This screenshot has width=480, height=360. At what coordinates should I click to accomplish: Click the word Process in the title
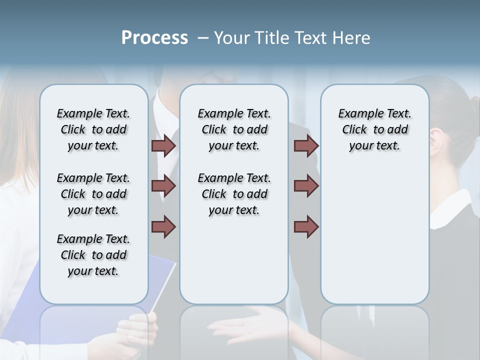(x=154, y=38)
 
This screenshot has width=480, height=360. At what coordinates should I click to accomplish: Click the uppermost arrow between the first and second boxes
(x=163, y=145)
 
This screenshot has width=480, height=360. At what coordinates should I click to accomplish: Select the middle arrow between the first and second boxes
(x=163, y=186)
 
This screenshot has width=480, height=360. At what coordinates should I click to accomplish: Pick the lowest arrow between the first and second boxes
(x=163, y=227)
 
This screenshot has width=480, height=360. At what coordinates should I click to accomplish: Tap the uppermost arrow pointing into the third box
(x=306, y=145)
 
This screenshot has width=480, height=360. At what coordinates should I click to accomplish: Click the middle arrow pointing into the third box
(x=306, y=186)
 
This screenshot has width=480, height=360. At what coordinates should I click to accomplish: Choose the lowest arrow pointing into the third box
(x=306, y=227)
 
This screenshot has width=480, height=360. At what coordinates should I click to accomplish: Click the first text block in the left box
(x=93, y=129)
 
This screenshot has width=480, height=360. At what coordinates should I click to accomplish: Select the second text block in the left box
(x=93, y=194)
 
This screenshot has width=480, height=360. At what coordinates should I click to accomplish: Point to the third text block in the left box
(x=93, y=255)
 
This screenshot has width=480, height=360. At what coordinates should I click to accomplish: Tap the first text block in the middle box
(x=234, y=129)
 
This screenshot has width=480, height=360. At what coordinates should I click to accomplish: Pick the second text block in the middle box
(x=234, y=194)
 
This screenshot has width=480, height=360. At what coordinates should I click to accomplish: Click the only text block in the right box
(x=374, y=129)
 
